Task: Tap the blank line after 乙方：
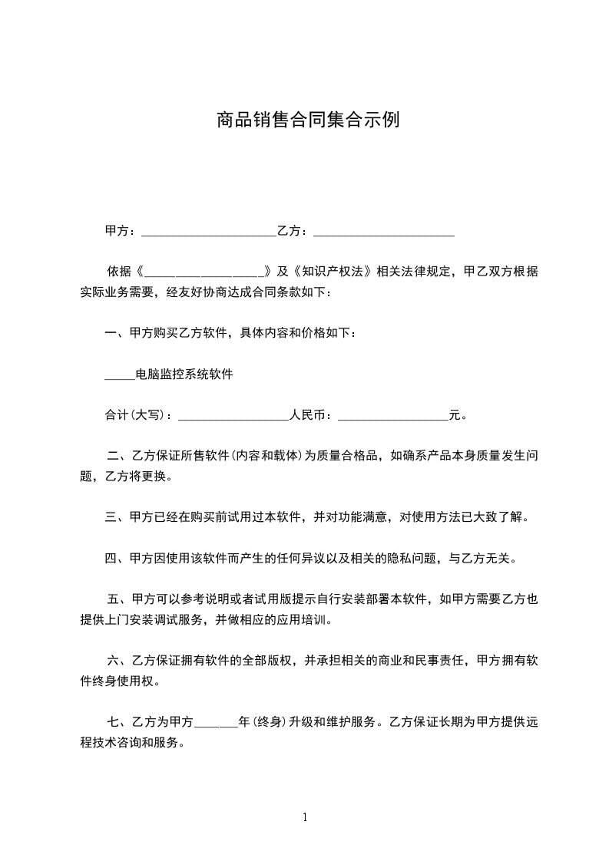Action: click(384, 231)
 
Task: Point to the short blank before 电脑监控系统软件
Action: click(119, 375)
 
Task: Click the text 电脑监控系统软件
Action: click(184, 375)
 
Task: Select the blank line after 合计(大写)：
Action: click(233, 416)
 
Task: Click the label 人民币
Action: click(307, 416)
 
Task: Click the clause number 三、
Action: click(117, 517)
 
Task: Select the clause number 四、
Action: click(117, 559)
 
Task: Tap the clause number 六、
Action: click(119, 660)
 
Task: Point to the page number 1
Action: click(305, 818)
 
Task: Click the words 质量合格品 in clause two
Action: click(349, 456)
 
